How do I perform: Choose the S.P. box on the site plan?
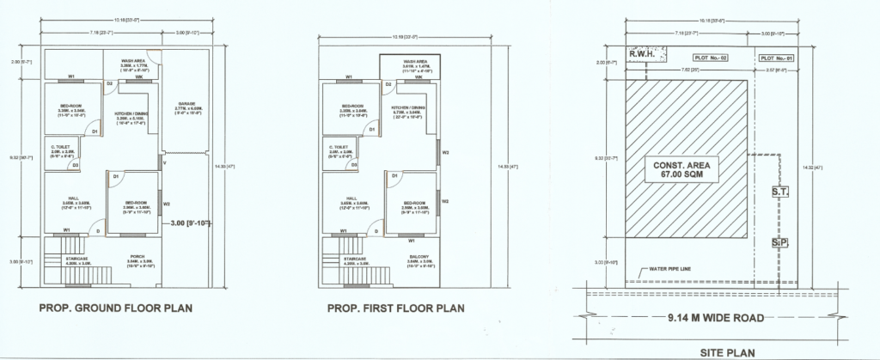pos(780,243)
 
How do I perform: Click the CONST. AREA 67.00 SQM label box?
pos(687,168)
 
